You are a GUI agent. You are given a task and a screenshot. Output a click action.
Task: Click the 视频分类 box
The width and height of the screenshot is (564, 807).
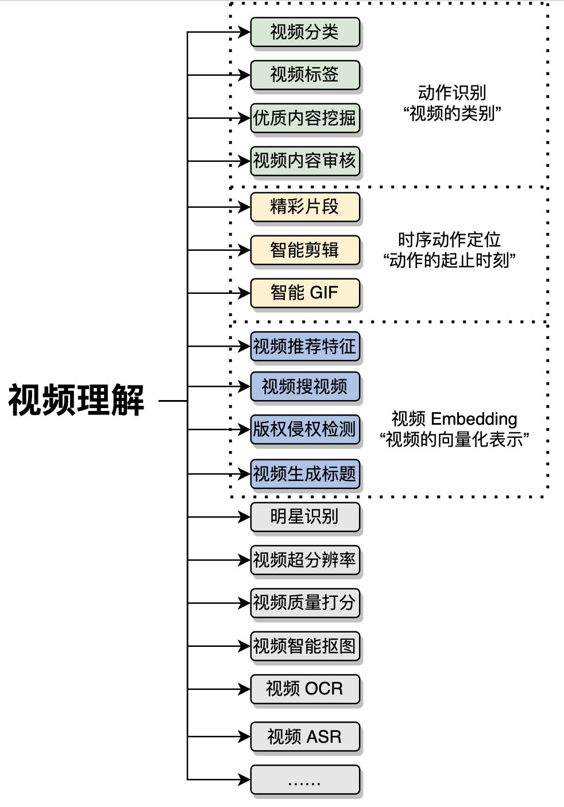(x=304, y=32)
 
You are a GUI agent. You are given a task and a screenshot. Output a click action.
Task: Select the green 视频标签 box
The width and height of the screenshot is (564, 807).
(x=304, y=75)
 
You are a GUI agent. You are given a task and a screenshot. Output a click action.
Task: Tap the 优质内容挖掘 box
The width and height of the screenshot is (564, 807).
(x=304, y=118)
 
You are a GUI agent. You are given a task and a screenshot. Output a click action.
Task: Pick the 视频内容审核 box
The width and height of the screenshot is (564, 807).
(x=304, y=161)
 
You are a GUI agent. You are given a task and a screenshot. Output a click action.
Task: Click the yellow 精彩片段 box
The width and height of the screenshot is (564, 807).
(x=304, y=207)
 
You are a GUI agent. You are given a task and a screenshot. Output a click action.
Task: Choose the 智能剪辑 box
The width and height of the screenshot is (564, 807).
(x=304, y=250)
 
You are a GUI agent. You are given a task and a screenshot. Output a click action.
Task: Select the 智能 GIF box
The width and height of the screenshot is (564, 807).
(x=304, y=293)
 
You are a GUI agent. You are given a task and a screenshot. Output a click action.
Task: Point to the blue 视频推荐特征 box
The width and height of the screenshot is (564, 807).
(x=304, y=347)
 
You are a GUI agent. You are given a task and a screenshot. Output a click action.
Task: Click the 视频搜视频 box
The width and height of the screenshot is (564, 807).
(x=304, y=387)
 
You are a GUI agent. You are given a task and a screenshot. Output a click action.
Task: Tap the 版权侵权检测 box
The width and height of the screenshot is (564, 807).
(x=304, y=429)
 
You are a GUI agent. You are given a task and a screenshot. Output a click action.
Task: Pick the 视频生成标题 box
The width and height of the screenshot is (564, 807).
(x=304, y=474)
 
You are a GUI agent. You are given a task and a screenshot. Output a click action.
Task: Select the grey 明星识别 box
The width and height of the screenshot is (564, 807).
(x=304, y=517)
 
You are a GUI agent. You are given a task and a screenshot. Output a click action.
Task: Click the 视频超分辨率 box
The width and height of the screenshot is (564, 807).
(x=304, y=560)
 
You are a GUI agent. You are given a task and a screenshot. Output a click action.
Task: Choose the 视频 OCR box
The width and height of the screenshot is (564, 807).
(x=304, y=689)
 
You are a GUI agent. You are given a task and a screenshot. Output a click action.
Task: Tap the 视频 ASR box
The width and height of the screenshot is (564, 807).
(x=304, y=736)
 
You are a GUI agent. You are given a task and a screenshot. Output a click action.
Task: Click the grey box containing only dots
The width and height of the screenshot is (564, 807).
(x=304, y=779)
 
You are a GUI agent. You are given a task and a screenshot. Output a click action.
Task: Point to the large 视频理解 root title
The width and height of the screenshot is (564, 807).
(x=76, y=400)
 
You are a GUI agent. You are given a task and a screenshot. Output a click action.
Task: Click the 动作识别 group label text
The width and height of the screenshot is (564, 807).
(x=452, y=93)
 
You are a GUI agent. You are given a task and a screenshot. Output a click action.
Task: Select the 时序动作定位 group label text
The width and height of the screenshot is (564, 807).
(x=449, y=240)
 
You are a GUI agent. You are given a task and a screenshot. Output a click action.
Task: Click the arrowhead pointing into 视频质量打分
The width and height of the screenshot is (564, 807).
(x=245, y=603)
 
